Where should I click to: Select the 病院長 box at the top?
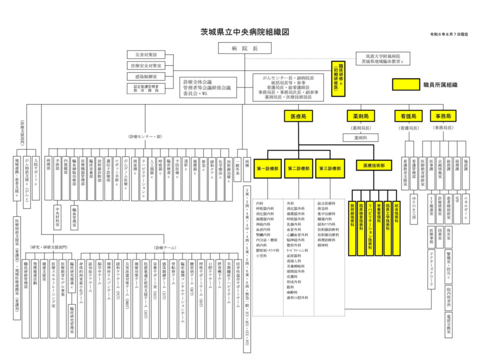coord(244,48)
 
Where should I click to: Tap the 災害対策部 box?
coord(145,54)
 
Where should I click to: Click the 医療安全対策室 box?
coord(145,65)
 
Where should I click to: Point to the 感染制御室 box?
coord(145,76)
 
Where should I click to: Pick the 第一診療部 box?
coord(268,168)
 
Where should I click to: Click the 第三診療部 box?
coord(330,168)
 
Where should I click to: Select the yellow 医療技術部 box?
coord(374,165)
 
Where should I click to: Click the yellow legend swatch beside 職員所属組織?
coord(405,85)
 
